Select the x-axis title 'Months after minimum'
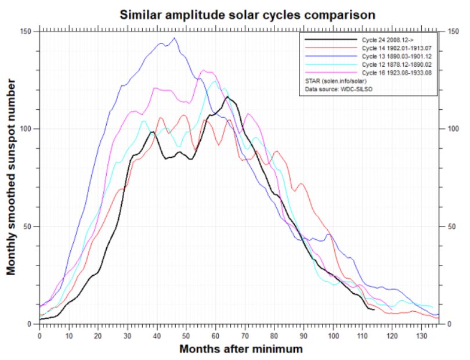tap(240, 350)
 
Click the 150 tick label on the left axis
tap(27, 31)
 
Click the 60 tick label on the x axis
tap(215, 335)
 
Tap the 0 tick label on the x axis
tap(39, 335)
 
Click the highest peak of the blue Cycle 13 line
tap(175, 38)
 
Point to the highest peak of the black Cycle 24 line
tap(227, 97)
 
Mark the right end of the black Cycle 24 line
tap(374, 309)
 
